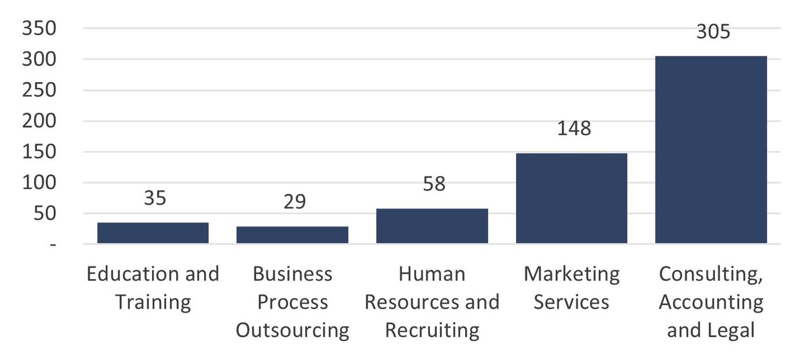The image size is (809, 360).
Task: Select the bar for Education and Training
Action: [153, 233]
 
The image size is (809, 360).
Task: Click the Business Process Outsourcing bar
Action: [292, 235]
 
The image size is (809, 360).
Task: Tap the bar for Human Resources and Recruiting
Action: [432, 226]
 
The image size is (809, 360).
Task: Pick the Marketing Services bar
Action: [571, 198]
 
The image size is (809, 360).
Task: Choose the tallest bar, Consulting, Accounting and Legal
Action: [711, 150]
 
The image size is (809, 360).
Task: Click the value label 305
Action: [713, 31]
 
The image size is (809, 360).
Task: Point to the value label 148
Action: [574, 128]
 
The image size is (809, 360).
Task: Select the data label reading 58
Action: [434, 184]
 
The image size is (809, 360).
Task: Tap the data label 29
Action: [295, 202]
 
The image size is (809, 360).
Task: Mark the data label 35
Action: [155, 198]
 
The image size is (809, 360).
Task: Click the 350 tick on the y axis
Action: [39, 28]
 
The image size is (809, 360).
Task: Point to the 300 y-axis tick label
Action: [39, 60]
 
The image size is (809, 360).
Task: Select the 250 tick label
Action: [39, 91]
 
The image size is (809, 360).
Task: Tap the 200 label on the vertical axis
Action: [39, 121]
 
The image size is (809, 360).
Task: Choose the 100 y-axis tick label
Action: [39, 183]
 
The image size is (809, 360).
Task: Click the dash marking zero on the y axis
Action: [53, 245]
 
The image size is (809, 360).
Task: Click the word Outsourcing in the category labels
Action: [292, 331]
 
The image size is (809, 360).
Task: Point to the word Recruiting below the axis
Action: [432, 331]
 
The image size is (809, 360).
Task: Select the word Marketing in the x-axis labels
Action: [571, 274]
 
